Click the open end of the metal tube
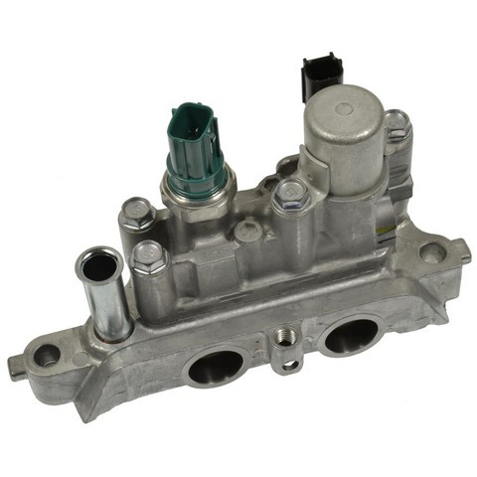99,265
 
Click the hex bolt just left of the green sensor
136,212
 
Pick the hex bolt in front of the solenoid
289,193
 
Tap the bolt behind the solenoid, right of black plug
397,123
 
